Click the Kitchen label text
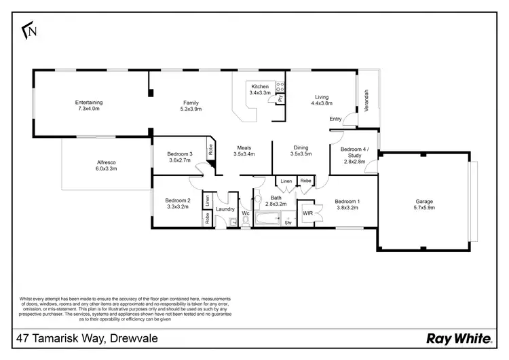(x=260, y=87)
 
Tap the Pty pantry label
(x=280, y=99)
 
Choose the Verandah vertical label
(x=366, y=100)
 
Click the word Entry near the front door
(x=335, y=120)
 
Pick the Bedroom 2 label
(x=178, y=201)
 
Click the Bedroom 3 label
(x=180, y=154)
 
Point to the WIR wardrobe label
(x=307, y=213)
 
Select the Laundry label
(x=225, y=209)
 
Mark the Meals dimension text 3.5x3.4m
(x=244, y=154)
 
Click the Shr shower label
(x=287, y=222)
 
